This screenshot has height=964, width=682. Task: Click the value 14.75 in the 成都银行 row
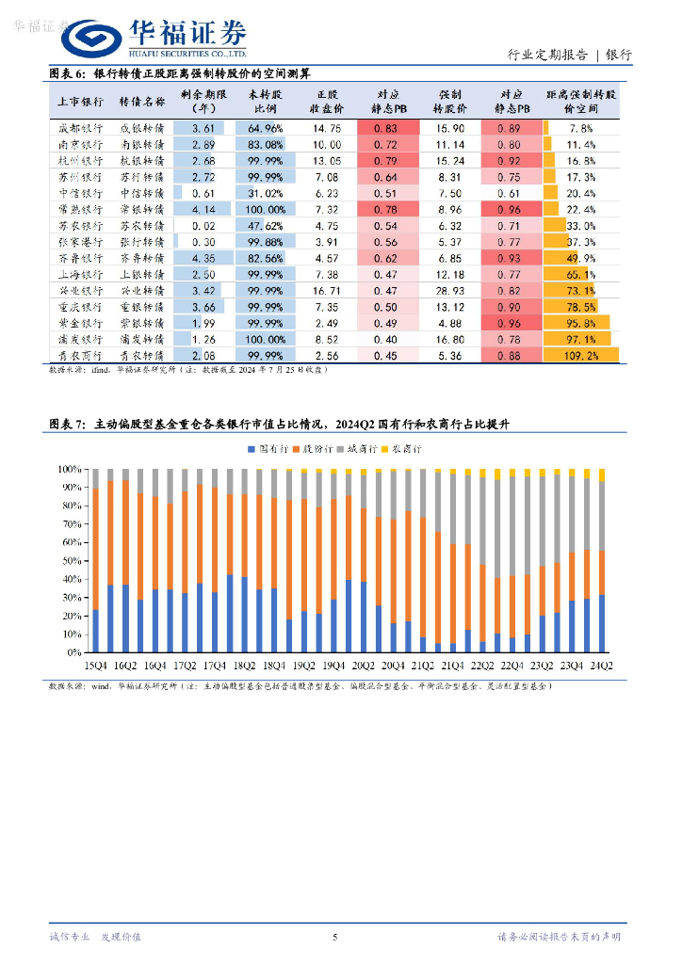[x=327, y=128]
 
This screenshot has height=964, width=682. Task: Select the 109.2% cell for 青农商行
[x=580, y=356]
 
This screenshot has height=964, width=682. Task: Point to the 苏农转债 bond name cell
[x=142, y=226]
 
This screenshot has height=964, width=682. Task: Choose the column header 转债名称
[x=142, y=102]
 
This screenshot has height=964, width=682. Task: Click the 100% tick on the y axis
[x=71, y=469]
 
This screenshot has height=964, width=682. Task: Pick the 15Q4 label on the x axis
[x=95, y=667]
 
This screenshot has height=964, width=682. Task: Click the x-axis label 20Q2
[x=364, y=667]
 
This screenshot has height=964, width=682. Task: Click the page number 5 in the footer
[x=334, y=937]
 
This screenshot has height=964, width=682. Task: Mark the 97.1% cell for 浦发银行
[x=580, y=339]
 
